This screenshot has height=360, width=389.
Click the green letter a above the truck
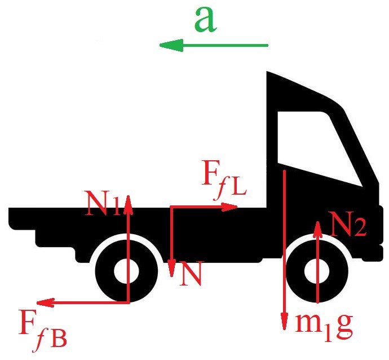tap(206, 20)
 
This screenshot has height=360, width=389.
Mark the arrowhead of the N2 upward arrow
tap(319, 227)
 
